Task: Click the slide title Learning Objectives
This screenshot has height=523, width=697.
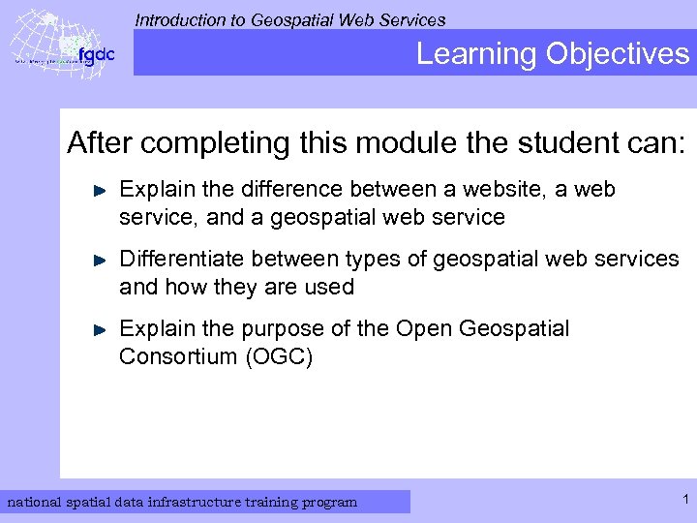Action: [553, 53]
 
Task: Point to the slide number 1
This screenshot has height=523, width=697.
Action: [684, 500]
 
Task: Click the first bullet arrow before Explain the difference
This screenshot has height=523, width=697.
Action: [99, 192]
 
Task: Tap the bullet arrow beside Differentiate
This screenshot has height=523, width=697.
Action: [99, 261]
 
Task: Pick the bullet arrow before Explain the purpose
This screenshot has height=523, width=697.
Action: [99, 330]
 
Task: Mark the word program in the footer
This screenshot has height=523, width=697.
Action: [329, 502]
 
